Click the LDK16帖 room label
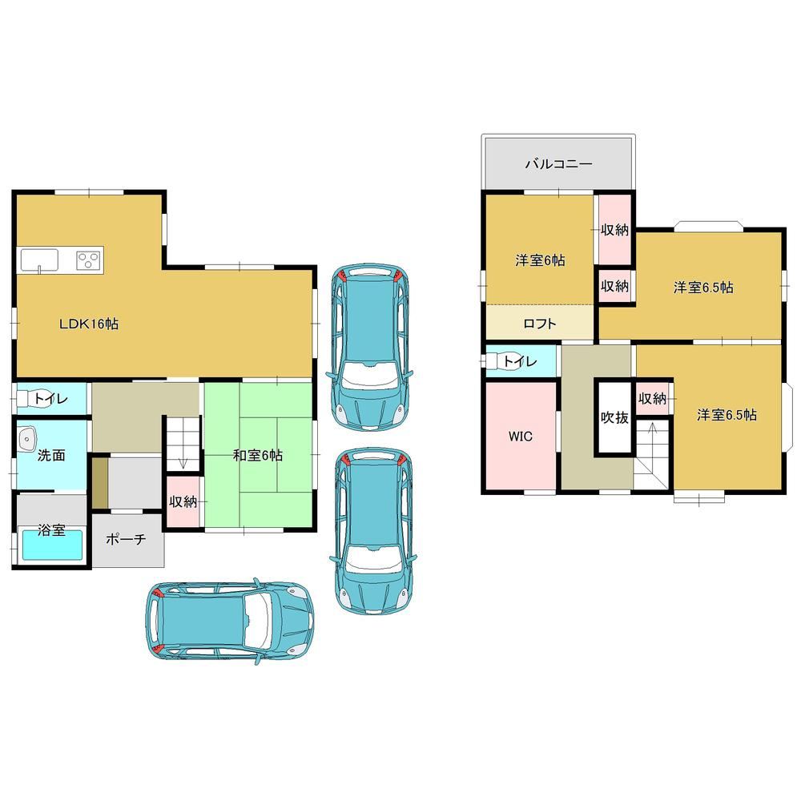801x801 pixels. click(89, 324)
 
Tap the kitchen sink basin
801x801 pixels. click(40, 260)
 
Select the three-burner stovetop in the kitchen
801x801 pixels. click(88, 260)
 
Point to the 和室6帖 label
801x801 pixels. click(257, 455)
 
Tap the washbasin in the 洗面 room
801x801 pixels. click(26, 439)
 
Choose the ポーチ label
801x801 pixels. click(126, 539)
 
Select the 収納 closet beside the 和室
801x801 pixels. click(183, 501)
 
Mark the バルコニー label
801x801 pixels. click(559, 164)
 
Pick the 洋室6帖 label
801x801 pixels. click(540, 260)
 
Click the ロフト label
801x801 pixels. click(540, 324)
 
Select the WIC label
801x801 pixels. click(521, 437)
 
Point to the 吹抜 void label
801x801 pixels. click(614, 417)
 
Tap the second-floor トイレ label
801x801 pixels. click(520, 362)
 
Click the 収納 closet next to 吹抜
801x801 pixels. click(652, 398)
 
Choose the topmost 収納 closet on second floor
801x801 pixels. click(614, 230)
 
